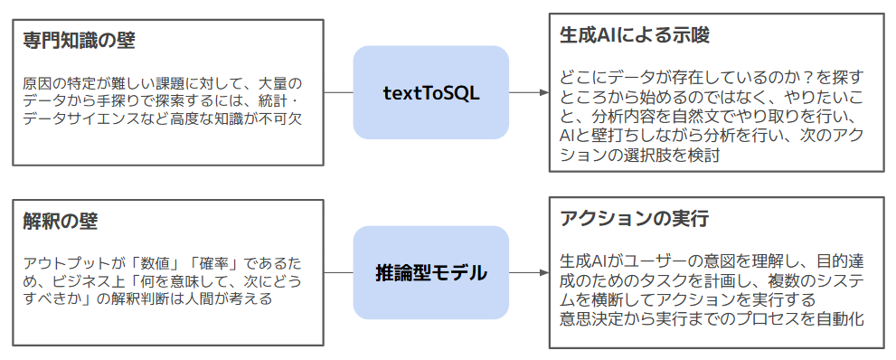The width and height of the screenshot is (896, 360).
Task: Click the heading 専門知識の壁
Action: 79,42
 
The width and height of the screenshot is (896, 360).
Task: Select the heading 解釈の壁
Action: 61,221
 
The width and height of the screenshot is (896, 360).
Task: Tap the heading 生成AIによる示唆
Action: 635,35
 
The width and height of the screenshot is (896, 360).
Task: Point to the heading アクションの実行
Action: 635,218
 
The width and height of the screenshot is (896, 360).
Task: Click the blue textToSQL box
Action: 431,92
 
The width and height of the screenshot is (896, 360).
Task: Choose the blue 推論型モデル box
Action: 431,272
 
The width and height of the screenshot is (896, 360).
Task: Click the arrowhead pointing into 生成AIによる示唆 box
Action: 543,92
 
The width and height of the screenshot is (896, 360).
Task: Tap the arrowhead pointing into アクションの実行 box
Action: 543,272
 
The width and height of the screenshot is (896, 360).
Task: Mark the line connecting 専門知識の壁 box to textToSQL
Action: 338,92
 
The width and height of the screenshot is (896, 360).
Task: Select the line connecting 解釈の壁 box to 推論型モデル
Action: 338,272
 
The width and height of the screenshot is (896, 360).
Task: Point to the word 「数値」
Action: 155,264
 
